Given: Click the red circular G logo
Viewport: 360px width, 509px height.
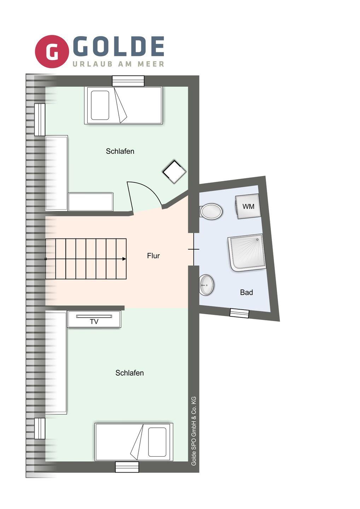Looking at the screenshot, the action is [x=52, y=51].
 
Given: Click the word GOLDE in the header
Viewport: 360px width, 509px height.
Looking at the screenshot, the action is [x=118, y=46].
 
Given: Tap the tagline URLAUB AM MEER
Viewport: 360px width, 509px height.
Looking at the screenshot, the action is [x=118, y=64].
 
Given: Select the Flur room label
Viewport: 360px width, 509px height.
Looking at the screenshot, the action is [x=153, y=256].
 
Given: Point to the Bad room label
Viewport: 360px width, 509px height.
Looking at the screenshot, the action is [x=246, y=292].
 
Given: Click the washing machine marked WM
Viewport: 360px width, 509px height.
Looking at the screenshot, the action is [x=248, y=206].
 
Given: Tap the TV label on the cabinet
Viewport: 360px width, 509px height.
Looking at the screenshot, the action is [x=94, y=322].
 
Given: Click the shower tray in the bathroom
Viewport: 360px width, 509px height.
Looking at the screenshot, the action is [x=247, y=253].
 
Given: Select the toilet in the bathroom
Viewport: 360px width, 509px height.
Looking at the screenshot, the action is [x=211, y=211].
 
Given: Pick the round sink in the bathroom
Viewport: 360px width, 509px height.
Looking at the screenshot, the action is [x=207, y=285].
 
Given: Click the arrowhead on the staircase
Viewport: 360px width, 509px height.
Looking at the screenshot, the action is [x=124, y=259].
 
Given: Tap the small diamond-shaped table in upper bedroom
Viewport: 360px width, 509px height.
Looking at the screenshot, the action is [x=174, y=172].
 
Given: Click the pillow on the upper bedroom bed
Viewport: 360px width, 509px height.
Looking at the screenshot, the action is [x=100, y=105].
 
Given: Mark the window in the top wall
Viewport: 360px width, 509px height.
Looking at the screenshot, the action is [x=128, y=81].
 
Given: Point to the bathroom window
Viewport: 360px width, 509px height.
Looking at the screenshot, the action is [x=239, y=313].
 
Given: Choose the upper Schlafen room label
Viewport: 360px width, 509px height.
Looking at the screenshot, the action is [x=120, y=151].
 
